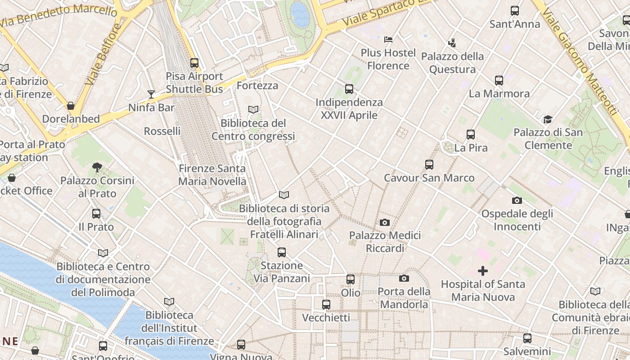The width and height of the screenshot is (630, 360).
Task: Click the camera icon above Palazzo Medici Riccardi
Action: point(384,222)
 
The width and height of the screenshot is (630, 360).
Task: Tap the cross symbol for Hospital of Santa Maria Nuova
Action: point(482,271)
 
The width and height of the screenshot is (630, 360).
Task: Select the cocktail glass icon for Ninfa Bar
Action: point(151,94)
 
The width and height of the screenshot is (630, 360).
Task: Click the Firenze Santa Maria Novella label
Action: point(212,175)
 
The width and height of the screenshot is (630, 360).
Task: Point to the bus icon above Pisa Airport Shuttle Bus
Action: point(194,63)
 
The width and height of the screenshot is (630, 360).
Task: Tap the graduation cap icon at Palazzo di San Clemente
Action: point(548,119)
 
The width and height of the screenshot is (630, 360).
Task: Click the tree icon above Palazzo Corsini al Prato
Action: point(97,167)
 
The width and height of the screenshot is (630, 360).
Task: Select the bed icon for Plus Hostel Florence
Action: point(388,40)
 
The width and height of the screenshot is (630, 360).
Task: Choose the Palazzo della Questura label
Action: point(452,63)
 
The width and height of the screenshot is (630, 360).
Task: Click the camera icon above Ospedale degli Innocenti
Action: point(517,200)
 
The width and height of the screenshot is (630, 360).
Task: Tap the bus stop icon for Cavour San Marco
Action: point(429,165)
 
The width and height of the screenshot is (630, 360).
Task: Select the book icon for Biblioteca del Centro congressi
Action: point(253,109)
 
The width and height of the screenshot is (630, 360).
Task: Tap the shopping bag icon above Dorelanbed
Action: point(71,106)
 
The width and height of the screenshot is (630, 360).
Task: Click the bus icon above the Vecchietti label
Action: point(326,305)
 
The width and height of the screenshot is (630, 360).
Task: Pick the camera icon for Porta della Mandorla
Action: point(404,279)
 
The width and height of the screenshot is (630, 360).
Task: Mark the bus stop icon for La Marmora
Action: point(499,81)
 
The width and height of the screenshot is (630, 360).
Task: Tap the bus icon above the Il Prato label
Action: point(96,214)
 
